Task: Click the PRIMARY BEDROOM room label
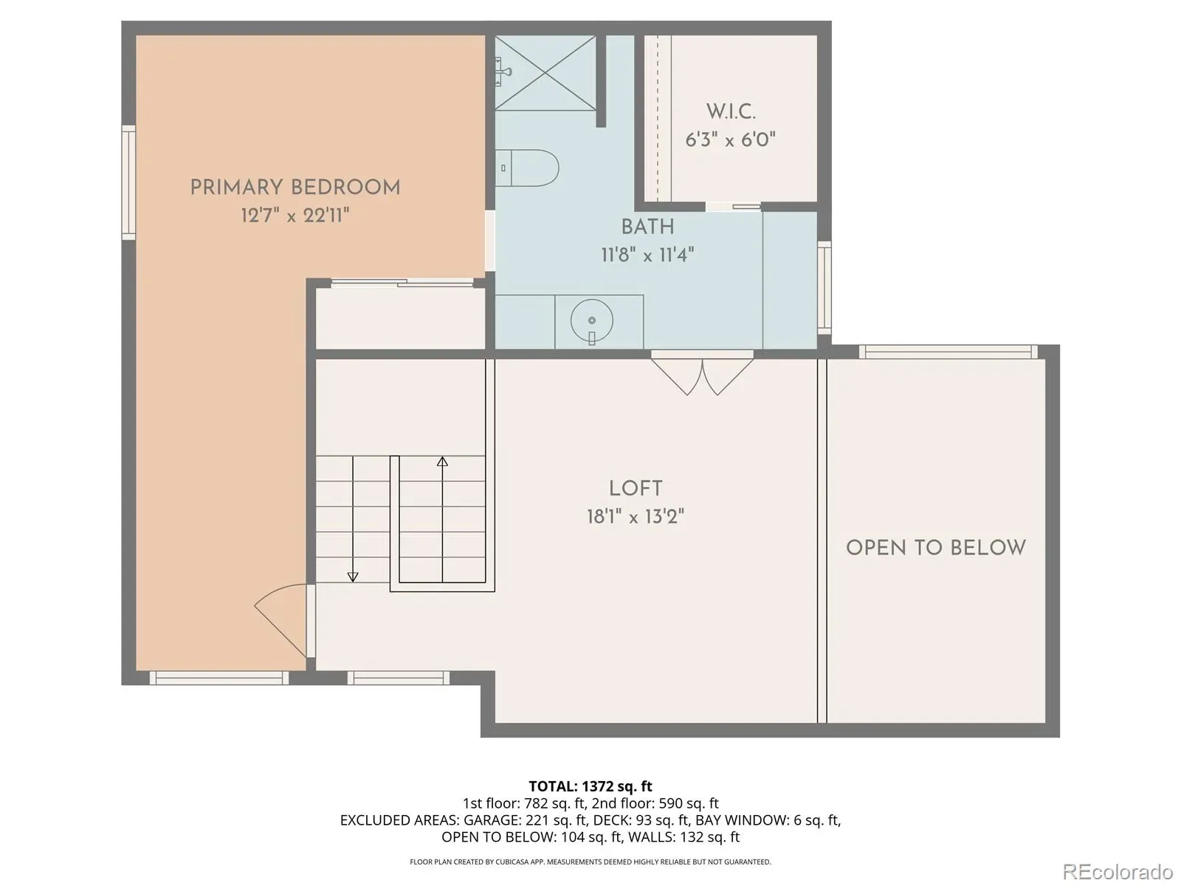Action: point(295,188)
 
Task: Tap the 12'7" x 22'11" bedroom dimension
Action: point(295,216)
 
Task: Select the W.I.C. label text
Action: point(731,111)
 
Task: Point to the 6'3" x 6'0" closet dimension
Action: point(730,140)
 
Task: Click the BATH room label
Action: point(648,227)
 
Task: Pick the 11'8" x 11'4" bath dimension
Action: point(648,255)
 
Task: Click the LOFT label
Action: point(636,489)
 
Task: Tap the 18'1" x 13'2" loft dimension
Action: point(636,517)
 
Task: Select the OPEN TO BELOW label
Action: point(936,548)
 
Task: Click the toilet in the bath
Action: point(527,168)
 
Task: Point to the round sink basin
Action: point(592,320)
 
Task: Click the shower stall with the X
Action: point(545,72)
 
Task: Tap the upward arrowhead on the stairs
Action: point(442,461)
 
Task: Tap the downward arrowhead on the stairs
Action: point(353,577)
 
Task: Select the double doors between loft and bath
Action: point(702,372)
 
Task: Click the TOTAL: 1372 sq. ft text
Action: point(590,786)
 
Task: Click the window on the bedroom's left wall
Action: point(128,182)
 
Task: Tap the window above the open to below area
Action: point(948,352)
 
